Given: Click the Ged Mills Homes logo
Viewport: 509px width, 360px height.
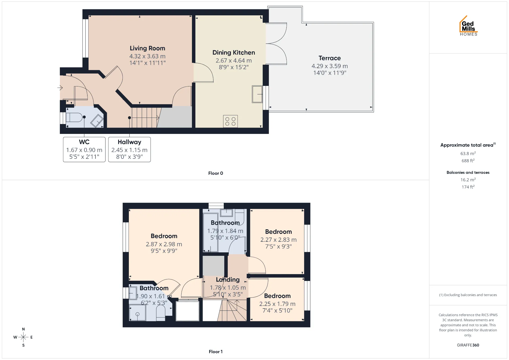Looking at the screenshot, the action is click(x=468, y=26).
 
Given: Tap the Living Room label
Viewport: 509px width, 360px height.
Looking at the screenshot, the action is click(x=147, y=48).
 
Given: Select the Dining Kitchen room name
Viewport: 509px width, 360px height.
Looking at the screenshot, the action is click(x=234, y=52).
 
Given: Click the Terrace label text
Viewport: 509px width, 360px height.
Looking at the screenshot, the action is click(x=330, y=58).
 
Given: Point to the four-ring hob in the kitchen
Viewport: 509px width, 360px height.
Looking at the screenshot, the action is click(x=230, y=121).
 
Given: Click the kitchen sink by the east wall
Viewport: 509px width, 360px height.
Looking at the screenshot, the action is click(x=257, y=94).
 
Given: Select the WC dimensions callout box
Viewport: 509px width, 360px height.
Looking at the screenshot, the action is click(x=84, y=150).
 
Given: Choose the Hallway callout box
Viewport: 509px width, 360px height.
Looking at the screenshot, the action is click(x=129, y=150).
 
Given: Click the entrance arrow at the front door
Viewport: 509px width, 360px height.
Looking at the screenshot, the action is click(x=60, y=88).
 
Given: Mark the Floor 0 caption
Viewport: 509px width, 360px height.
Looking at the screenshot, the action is click(x=216, y=173).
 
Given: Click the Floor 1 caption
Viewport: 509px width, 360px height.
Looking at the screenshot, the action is click(x=216, y=352).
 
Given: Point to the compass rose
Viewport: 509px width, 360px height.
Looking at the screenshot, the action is click(x=23, y=337).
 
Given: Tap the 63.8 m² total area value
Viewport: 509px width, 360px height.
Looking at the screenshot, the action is click(x=468, y=153).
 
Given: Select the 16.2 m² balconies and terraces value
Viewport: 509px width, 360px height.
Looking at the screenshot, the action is click(x=468, y=180).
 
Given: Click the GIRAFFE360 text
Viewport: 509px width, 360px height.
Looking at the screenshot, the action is click(x=468, y=345).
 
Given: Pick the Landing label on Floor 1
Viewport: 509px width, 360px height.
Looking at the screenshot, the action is click(x=228, y=280).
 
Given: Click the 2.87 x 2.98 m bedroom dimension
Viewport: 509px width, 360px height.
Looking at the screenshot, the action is click(x=164, y=244).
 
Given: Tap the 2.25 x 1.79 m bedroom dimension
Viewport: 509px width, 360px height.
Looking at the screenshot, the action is click(x=277, y=304).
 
